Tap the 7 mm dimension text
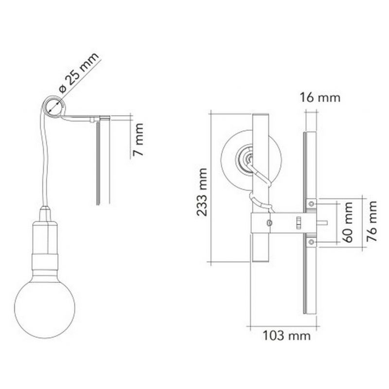point(138,140)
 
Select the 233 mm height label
point(202,192)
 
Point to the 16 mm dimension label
point(320,98)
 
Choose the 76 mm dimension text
point(371,221)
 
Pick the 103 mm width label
point(286,336)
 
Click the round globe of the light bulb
point(45,309)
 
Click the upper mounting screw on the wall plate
point(311,204)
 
